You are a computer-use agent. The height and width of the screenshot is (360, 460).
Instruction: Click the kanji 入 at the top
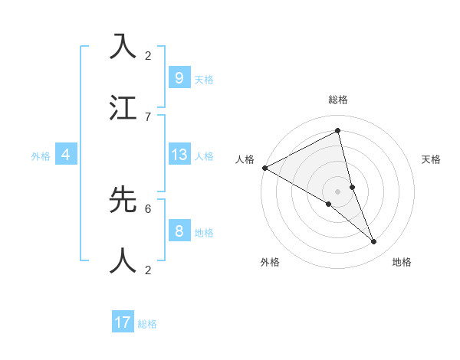tap(123, 47)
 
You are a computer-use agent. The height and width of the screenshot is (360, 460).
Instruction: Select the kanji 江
tap(123, 108)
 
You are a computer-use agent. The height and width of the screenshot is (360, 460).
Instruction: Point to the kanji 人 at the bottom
tap(123, 260)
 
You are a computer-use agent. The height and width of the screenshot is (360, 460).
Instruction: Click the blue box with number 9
tap(179, 78)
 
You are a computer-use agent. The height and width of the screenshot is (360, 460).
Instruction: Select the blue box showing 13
tap(179, 155)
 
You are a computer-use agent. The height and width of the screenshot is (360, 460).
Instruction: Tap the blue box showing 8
tap(179, 231)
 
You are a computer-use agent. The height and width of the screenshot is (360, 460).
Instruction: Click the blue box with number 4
tap(66, 155)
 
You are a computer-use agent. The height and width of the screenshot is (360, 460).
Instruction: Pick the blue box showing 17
tap(123, 322)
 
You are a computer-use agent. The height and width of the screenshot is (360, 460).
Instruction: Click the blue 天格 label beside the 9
tap(204, 79)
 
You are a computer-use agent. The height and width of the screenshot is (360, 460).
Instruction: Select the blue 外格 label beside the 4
tap(41, 155)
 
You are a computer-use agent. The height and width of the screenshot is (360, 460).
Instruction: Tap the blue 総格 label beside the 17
tap(147, 323)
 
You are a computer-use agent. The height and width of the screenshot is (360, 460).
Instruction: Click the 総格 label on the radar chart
tap(338, 100)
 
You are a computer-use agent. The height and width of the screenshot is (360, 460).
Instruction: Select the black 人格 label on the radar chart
tap(245, 159)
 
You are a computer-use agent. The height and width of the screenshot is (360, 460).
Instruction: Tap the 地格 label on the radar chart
tap(402, 262)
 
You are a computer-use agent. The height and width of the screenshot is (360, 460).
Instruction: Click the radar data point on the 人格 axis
tap(264, 168)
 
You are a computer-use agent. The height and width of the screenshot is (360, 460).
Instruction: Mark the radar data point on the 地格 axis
tap(374, 242)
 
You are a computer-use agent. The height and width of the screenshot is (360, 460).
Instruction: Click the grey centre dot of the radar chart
tap(338, 191)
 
